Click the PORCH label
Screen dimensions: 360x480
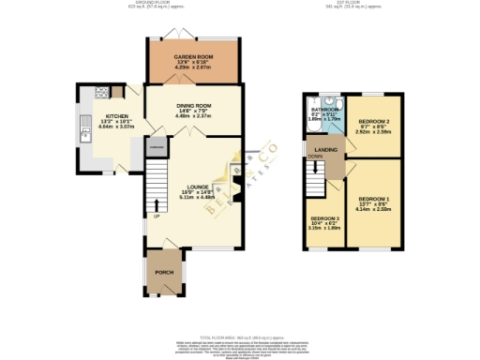pyautogui.click(x=163, y=273)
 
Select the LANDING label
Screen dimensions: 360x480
pyautogui.click(x=325, y=148)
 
